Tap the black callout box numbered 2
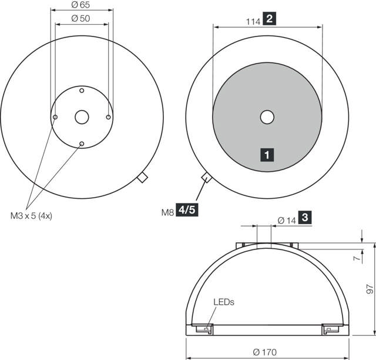tap(270, 19)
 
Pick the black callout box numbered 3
tap(305, 218)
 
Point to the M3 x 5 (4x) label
tap(31, 215)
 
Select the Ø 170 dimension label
tap(265, 352)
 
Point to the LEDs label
tap(223, 302)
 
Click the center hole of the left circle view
tap(82, 118)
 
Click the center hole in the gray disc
tap(267, 117)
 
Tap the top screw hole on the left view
tap(82, 91)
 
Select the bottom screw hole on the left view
tap(82, 144)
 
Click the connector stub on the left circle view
tap(142, 178)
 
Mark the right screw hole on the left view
tap(109, 118)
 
